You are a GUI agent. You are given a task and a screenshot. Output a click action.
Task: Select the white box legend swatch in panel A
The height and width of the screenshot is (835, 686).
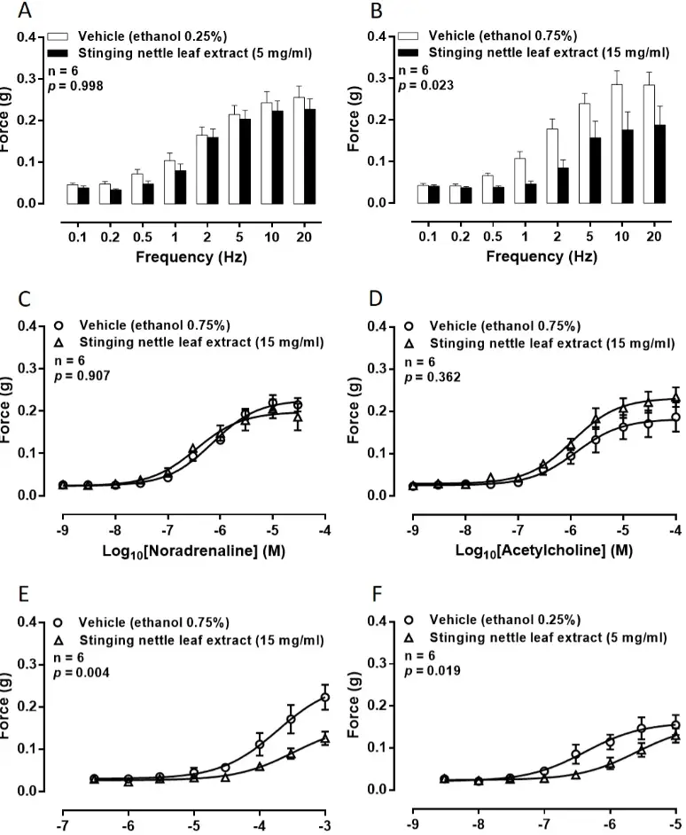tap(58, 37)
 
